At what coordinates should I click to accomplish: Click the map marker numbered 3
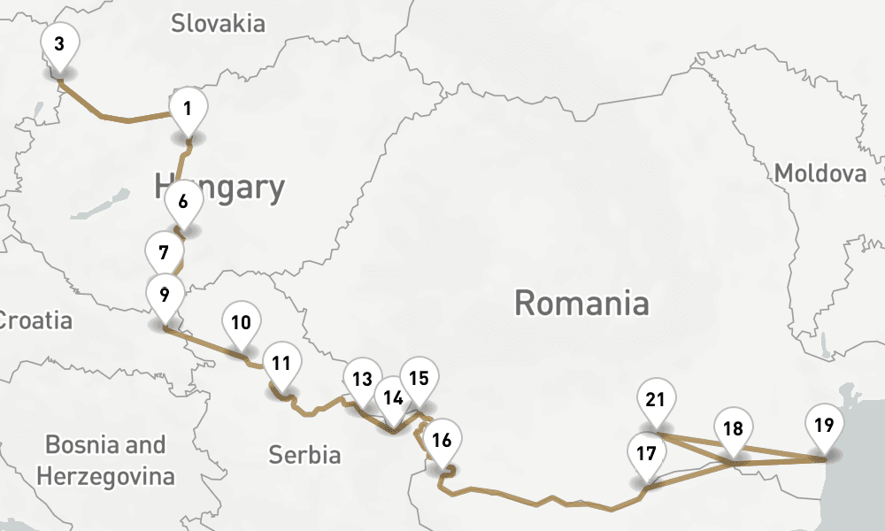coord(59,44)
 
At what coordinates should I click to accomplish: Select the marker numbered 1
coord(188,110)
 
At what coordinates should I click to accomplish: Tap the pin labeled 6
coord(183,201)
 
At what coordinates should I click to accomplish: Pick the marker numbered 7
coord(164,252)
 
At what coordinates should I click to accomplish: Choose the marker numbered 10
coord(241,322)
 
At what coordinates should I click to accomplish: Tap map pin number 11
coord(281,363)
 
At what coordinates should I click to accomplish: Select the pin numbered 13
coord(361,380)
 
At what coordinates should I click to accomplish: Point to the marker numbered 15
coord(419,378)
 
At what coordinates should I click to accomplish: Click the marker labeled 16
coord(442,440)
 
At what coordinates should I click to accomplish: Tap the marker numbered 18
coord(733,429)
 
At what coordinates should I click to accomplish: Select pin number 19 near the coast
coord(824,425)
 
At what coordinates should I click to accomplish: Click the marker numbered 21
coord(655,400)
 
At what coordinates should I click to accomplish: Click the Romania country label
coord(581,304)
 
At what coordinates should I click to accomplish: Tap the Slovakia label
coord(218,23)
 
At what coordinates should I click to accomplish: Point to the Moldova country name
coord(820,173)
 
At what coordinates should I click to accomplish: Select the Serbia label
coord(304,455)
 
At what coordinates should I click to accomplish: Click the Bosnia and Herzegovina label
coord(105,460)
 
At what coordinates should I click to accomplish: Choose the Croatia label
coord(35,319)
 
